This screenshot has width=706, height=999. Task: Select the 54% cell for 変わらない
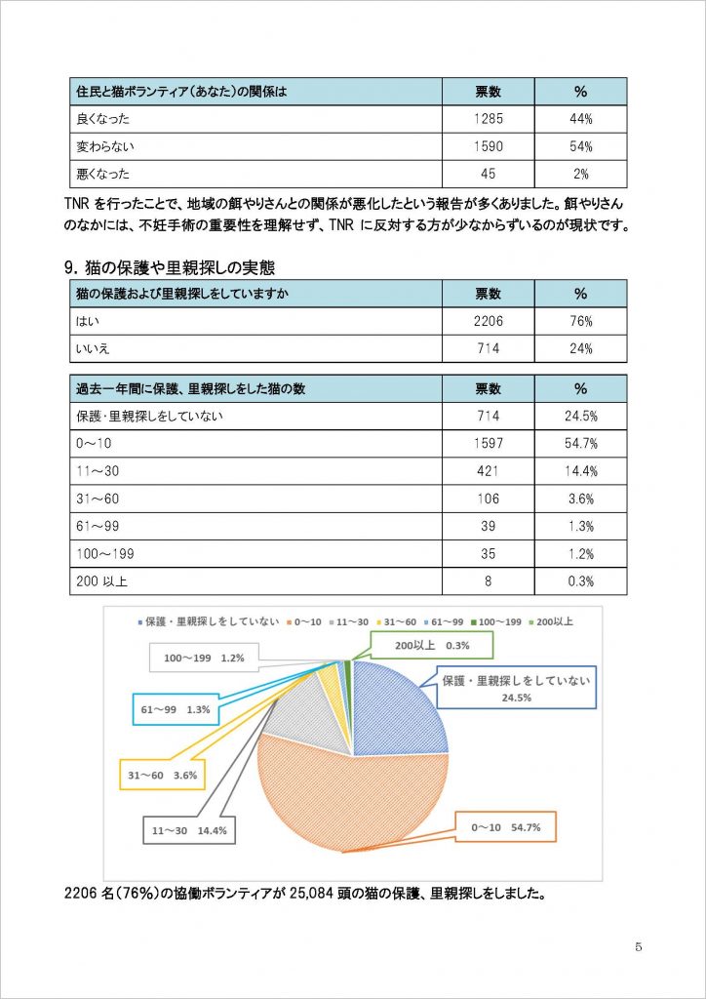pos(580,146)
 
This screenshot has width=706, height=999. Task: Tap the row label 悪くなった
pos(102,174)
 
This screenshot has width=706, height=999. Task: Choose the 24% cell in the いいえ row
pos(580,348)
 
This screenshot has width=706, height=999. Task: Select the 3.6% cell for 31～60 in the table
pos(580,499)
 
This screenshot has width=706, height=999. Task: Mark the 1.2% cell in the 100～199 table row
pos(580,553)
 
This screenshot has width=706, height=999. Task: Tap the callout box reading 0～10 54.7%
pos(505,828)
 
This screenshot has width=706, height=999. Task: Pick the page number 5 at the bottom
pos(638,947)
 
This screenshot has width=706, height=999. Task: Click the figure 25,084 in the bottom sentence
pos(313,891)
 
